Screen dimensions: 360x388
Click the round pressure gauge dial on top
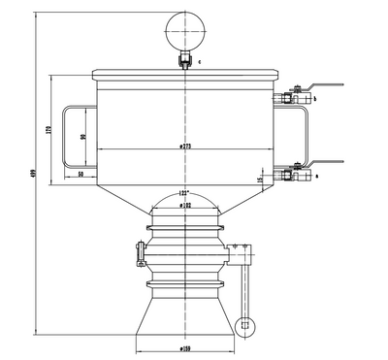tap(183, 27)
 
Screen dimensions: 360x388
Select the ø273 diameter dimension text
tap(183, 147)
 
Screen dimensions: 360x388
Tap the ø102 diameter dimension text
tap(183, 206)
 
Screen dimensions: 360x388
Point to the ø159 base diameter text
tap(183, 347)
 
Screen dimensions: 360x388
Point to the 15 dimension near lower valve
tap(260, 180)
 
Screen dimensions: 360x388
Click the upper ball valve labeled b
tap(291, 97)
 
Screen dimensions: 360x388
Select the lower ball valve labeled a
tap(291, 175)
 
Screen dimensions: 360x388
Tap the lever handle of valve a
tap(325, 164)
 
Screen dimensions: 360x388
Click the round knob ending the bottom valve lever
tap(244, 324)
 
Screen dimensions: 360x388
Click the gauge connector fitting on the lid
tap(183, 63)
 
